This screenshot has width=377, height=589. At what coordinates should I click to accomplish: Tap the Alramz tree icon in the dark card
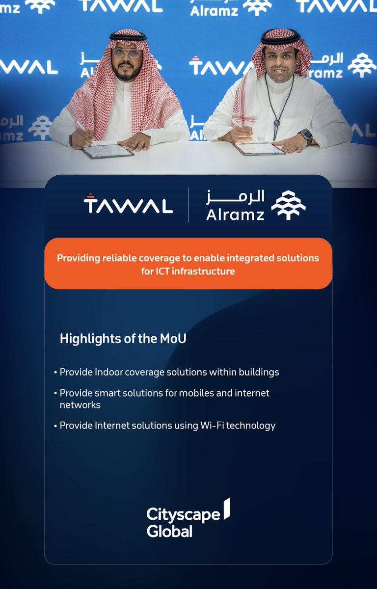[289, 205]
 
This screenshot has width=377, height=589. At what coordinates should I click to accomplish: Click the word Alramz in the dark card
[235, 214]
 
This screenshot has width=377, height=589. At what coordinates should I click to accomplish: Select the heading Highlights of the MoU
[123, 339]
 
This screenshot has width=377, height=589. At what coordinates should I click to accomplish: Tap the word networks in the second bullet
[80, 405]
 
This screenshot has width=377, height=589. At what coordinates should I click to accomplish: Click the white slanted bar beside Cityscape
[227, 509]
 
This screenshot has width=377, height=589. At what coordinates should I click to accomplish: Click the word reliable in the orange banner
[121, 258]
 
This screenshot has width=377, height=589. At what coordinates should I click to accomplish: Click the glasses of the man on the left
[127, 53]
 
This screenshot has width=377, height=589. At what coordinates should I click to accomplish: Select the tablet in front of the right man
[259, 148]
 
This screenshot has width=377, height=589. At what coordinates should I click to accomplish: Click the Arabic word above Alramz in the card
[235, 196]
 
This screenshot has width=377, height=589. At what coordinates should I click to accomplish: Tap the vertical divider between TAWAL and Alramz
[188, 205]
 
